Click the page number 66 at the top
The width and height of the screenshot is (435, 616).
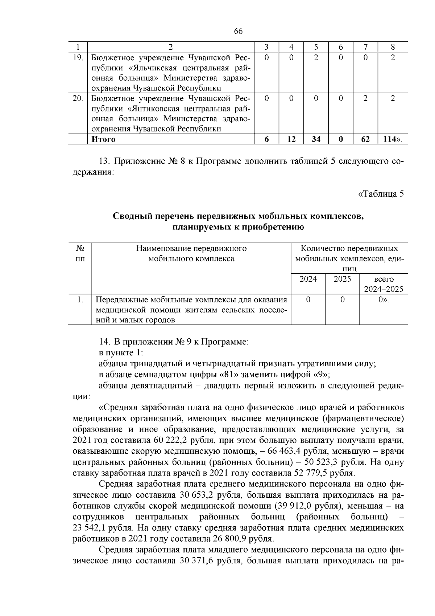[238, 31]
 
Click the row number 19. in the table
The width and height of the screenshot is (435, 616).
[78, 58]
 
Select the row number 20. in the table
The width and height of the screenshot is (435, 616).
[78, 98]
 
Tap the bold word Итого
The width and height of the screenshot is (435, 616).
[104, 139]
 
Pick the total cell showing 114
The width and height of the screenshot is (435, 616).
[391, 139]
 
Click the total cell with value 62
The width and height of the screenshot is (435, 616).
[365, 139]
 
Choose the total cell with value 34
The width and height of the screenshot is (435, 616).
[316, 139]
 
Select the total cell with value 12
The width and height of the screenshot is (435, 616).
[291, 139]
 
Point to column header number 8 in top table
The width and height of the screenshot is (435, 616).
[393, 47]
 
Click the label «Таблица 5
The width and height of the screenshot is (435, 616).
[381, 194]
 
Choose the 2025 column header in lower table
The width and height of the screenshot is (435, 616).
[342, 279]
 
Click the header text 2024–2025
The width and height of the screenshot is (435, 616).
[384, 289]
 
